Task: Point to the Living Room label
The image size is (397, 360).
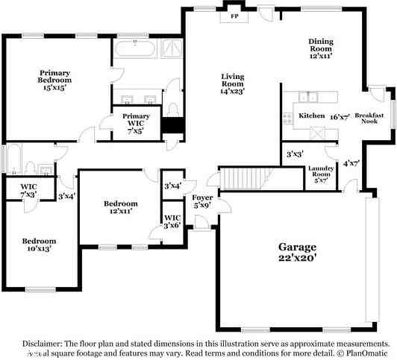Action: [233, 82]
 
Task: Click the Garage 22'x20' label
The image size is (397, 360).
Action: [297, 251]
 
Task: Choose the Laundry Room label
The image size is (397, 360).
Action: [322, 174]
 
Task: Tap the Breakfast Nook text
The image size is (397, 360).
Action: [369, 119]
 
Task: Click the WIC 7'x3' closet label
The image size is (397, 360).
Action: [29, 189]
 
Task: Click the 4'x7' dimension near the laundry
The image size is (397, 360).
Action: [351, 162]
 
